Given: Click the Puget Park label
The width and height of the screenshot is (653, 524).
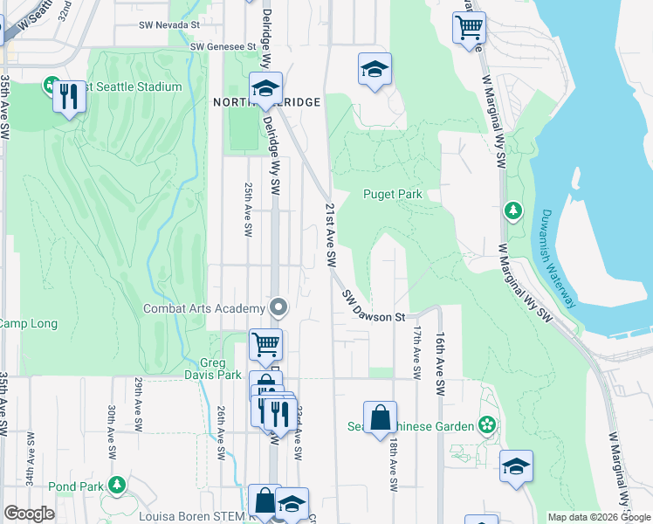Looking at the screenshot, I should tap(393, 194).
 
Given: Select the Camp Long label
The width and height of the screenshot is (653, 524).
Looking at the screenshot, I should tap(27, 324).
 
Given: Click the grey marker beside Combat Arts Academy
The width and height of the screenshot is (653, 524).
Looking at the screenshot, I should tap(278, 307).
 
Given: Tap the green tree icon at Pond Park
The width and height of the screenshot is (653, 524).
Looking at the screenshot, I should tap(116, 485).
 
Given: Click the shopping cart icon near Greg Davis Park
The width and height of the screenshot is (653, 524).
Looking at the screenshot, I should tap(265, 343).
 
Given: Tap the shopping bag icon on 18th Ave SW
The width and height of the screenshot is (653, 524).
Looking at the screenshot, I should tap(381, 418).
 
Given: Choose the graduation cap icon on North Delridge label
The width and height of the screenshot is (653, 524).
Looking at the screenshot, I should tap(265, 87).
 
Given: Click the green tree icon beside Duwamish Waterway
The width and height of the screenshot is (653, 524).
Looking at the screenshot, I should tap(513, 210).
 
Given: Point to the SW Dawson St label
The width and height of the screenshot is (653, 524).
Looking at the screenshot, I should tap(375, 306).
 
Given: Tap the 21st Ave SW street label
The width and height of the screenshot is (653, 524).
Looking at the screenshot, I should tap(331, 235).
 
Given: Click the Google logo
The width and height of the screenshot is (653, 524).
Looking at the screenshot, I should tap(29, 514).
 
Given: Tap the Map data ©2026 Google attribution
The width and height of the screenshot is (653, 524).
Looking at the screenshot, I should tap(598, 517).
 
